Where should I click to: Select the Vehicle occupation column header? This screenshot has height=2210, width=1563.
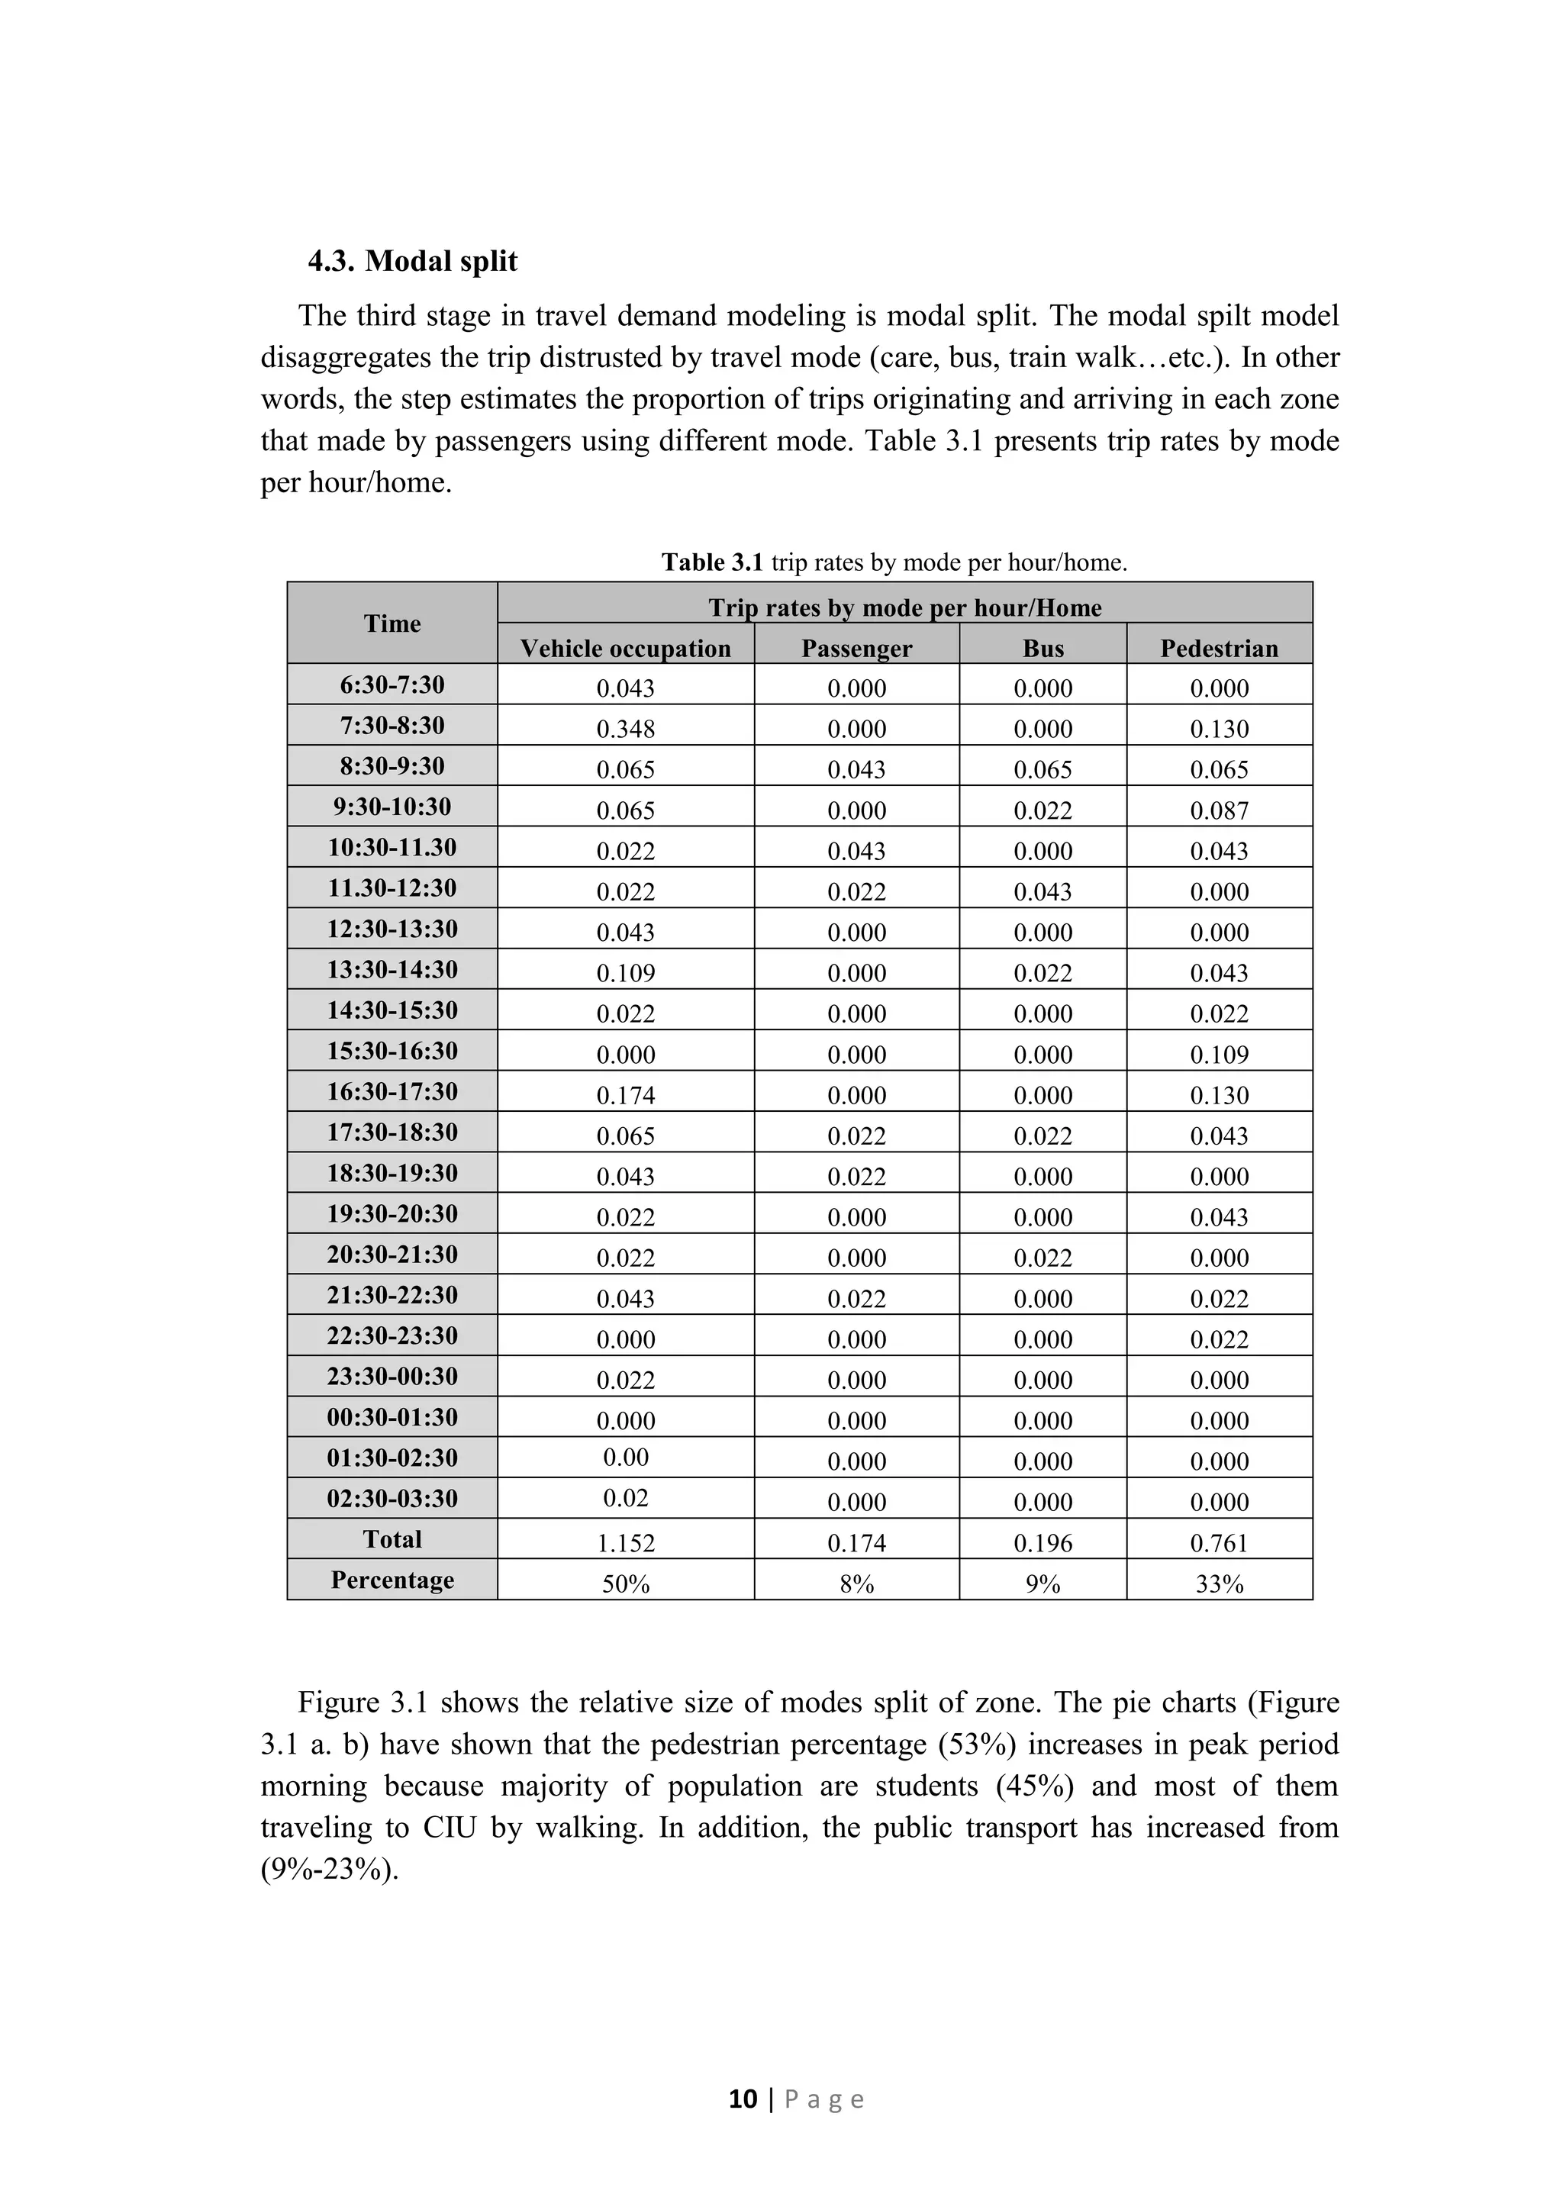(x=626, y=648)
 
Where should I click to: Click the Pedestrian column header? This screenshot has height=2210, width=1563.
(x=1219, y=648)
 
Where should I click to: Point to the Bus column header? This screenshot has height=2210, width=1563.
(x=1043, y=648)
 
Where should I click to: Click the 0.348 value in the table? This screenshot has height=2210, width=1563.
(x=626, y=729)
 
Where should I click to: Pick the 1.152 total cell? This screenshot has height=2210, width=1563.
(x=626, y=1543)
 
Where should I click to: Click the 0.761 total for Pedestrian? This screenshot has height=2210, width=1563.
(x=1219, y=1543)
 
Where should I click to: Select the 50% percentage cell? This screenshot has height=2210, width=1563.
(x=626, y=1584)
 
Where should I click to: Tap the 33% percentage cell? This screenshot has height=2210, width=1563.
(x=1219, y=1584)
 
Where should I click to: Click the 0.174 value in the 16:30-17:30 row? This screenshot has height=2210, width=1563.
(x=626, y=1095)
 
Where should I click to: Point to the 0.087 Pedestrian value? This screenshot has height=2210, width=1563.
(x=1219, y=810)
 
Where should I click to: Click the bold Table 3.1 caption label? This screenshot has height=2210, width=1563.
(x=711, y=562)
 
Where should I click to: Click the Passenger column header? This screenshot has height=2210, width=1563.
(x=856, y=648)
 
